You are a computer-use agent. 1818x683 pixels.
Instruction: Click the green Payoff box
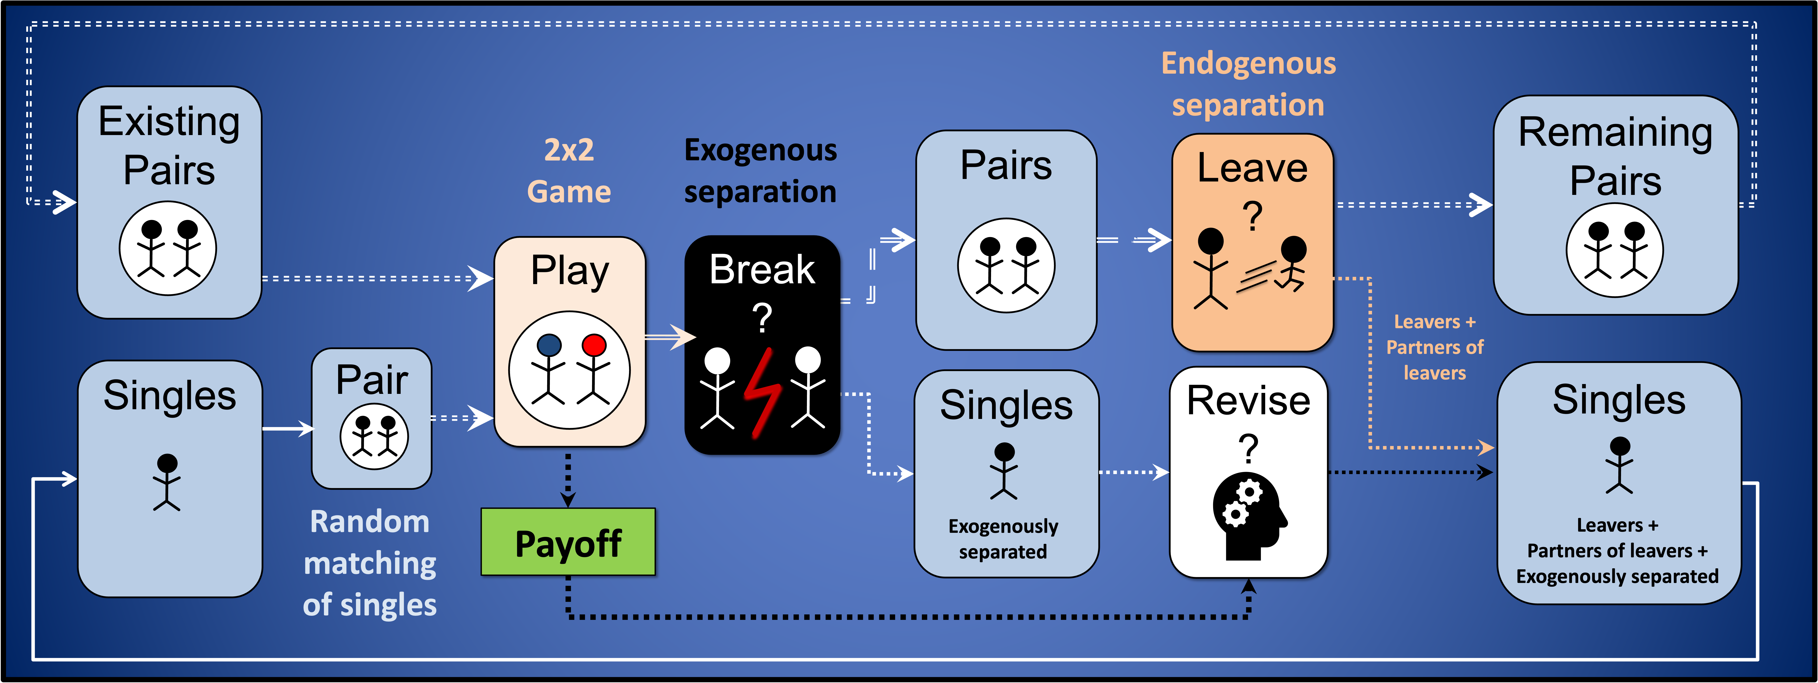568,542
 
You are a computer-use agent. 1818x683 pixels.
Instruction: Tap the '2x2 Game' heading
569,171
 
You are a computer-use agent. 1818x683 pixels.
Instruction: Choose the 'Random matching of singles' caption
370,563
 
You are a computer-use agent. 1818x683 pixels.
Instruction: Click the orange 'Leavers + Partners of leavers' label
1434,347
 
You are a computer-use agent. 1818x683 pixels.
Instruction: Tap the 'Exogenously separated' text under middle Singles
1003,539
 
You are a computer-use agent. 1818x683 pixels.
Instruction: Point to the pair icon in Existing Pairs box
168,248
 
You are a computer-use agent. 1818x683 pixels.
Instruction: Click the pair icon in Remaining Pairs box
1615,250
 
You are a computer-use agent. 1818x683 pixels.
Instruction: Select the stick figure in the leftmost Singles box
167,482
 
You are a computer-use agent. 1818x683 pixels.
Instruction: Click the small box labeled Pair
372,418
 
